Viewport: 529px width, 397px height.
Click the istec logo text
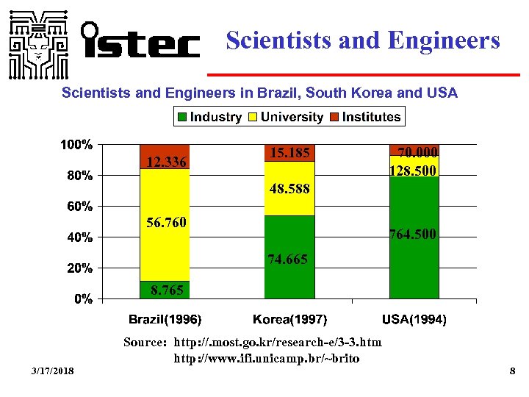(140, 40)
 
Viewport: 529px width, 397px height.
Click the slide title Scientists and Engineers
(363, 40)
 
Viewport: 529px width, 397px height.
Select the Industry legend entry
(209, 117)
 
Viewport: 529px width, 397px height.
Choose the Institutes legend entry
(365, 117)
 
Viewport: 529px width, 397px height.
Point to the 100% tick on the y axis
(76, 145)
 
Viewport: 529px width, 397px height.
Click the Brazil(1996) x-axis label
(165, 320)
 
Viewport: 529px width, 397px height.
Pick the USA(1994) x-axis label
(414, 320)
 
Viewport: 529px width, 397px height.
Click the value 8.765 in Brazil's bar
(167, 290)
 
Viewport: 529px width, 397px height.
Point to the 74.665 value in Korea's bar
(288, 260)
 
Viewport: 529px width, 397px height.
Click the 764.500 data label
(414, 235)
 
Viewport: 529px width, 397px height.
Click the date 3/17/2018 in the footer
(53, 373)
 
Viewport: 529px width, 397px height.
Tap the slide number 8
(512, 373)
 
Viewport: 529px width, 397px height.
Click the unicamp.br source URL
(266, 359)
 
